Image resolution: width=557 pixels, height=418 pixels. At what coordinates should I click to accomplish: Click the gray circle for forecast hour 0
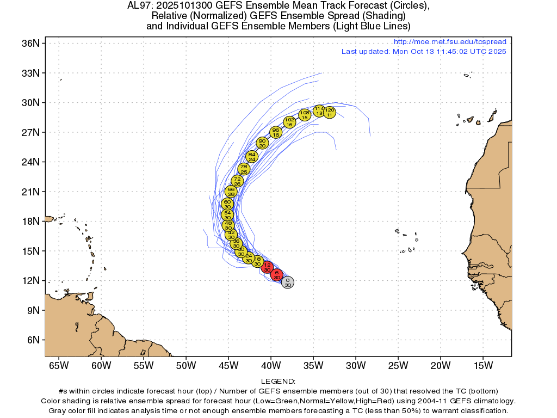click(x=288, y=282)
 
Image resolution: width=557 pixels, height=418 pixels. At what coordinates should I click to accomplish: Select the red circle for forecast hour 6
click(x=277, y=275)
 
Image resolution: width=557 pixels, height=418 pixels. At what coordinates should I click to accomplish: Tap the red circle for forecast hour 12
click(x=267, y=267)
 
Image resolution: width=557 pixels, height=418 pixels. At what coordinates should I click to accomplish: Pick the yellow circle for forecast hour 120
click(x=329, y=112)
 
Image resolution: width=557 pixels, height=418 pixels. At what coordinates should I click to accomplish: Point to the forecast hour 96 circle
click(x=276, y=132)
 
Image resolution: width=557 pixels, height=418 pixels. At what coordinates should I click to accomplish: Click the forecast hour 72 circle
click(x=237, y=181)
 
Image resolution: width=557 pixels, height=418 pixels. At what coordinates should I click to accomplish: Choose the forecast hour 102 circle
click(x=289, y=122)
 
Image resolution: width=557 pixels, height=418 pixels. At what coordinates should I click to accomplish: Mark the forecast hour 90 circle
click(x=262, y=143)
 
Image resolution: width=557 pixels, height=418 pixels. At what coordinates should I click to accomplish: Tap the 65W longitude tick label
click(x=58, y=365)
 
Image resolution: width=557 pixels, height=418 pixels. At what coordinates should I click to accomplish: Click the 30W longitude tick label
click(x=355, y=365)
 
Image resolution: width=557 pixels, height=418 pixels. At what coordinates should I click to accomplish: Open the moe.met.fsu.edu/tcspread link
click(x=450, y=42)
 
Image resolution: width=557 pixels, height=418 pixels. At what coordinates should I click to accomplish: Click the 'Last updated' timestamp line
click(x=424, y=52)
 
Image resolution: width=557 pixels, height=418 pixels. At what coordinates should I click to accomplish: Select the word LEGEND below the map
click(x=278, y=382)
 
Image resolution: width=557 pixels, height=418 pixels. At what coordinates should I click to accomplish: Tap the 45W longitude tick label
click(x=228, y=365)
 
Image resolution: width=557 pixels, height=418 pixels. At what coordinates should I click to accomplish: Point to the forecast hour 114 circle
click(x=319, y=110)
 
